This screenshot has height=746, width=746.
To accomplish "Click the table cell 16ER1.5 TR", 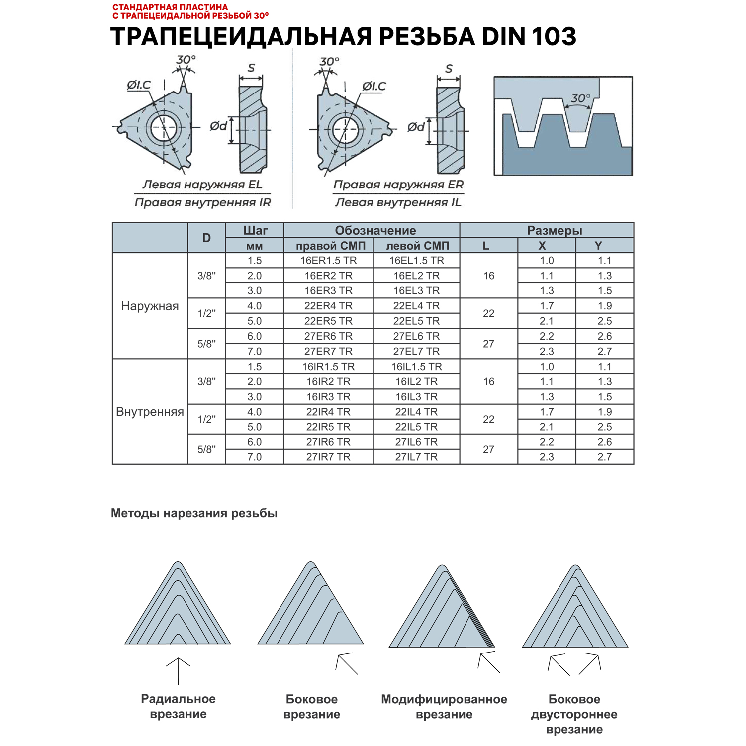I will [x=328, y=261].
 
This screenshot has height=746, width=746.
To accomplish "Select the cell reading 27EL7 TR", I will [x=416, y=352].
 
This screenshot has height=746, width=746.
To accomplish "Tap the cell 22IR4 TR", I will [x=328, y=412].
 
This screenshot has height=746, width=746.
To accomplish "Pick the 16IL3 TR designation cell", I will [x=416, y=397].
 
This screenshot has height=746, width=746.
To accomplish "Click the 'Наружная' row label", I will [x=150, y=306].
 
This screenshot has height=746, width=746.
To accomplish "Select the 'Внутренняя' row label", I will [x=150, y=412].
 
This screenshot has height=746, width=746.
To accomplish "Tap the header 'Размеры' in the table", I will [x=554, y=231].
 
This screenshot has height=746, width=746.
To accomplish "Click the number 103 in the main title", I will [x=554, y=36].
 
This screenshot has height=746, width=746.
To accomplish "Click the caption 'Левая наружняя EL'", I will [x=202, y=185].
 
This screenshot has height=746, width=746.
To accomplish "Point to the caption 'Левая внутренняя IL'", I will [x=398, y=202].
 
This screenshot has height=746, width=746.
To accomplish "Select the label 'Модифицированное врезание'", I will [x=444, y=707].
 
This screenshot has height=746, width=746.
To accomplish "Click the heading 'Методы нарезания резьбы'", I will [x=194, y=513].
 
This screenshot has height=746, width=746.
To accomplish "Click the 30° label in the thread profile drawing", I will [x=580, y=98].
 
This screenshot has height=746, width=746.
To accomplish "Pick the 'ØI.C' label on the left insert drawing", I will [x=138, y=85].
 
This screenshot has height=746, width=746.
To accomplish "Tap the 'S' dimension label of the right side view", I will [x=449, y=69].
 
